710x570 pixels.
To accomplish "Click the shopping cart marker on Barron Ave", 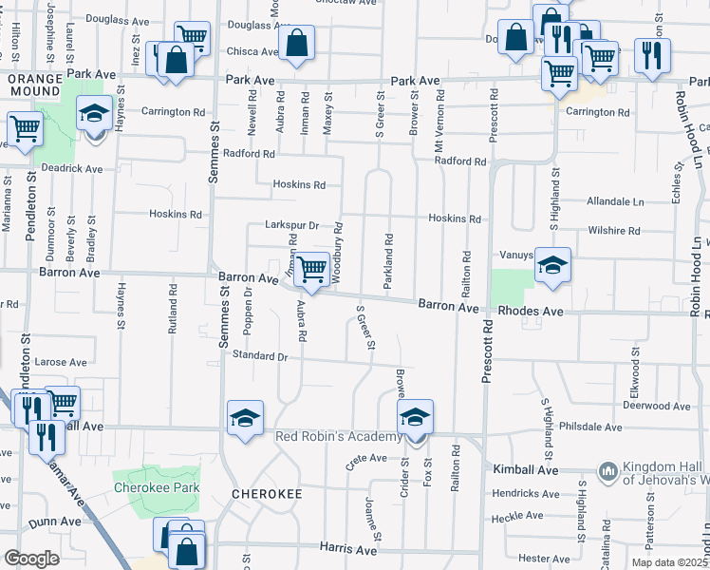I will [311, 270].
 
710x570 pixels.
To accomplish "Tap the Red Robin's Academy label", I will [339, 436].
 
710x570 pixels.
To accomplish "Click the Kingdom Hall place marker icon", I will [607, 470].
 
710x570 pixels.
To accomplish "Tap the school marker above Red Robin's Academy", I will [415, 417].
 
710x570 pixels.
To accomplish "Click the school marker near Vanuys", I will [551, 266].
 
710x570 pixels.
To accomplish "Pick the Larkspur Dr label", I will [290, 226].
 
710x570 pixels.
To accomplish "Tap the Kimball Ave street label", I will [525, 470].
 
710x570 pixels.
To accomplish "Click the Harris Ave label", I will [349, 549].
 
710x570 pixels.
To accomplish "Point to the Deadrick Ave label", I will [70, 169].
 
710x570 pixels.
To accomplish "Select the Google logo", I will [31, 559].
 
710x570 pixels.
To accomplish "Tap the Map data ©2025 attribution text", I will [668, 562].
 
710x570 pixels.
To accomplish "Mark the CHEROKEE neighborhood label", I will [267, 494].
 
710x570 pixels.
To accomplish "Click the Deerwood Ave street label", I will [654, 405].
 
